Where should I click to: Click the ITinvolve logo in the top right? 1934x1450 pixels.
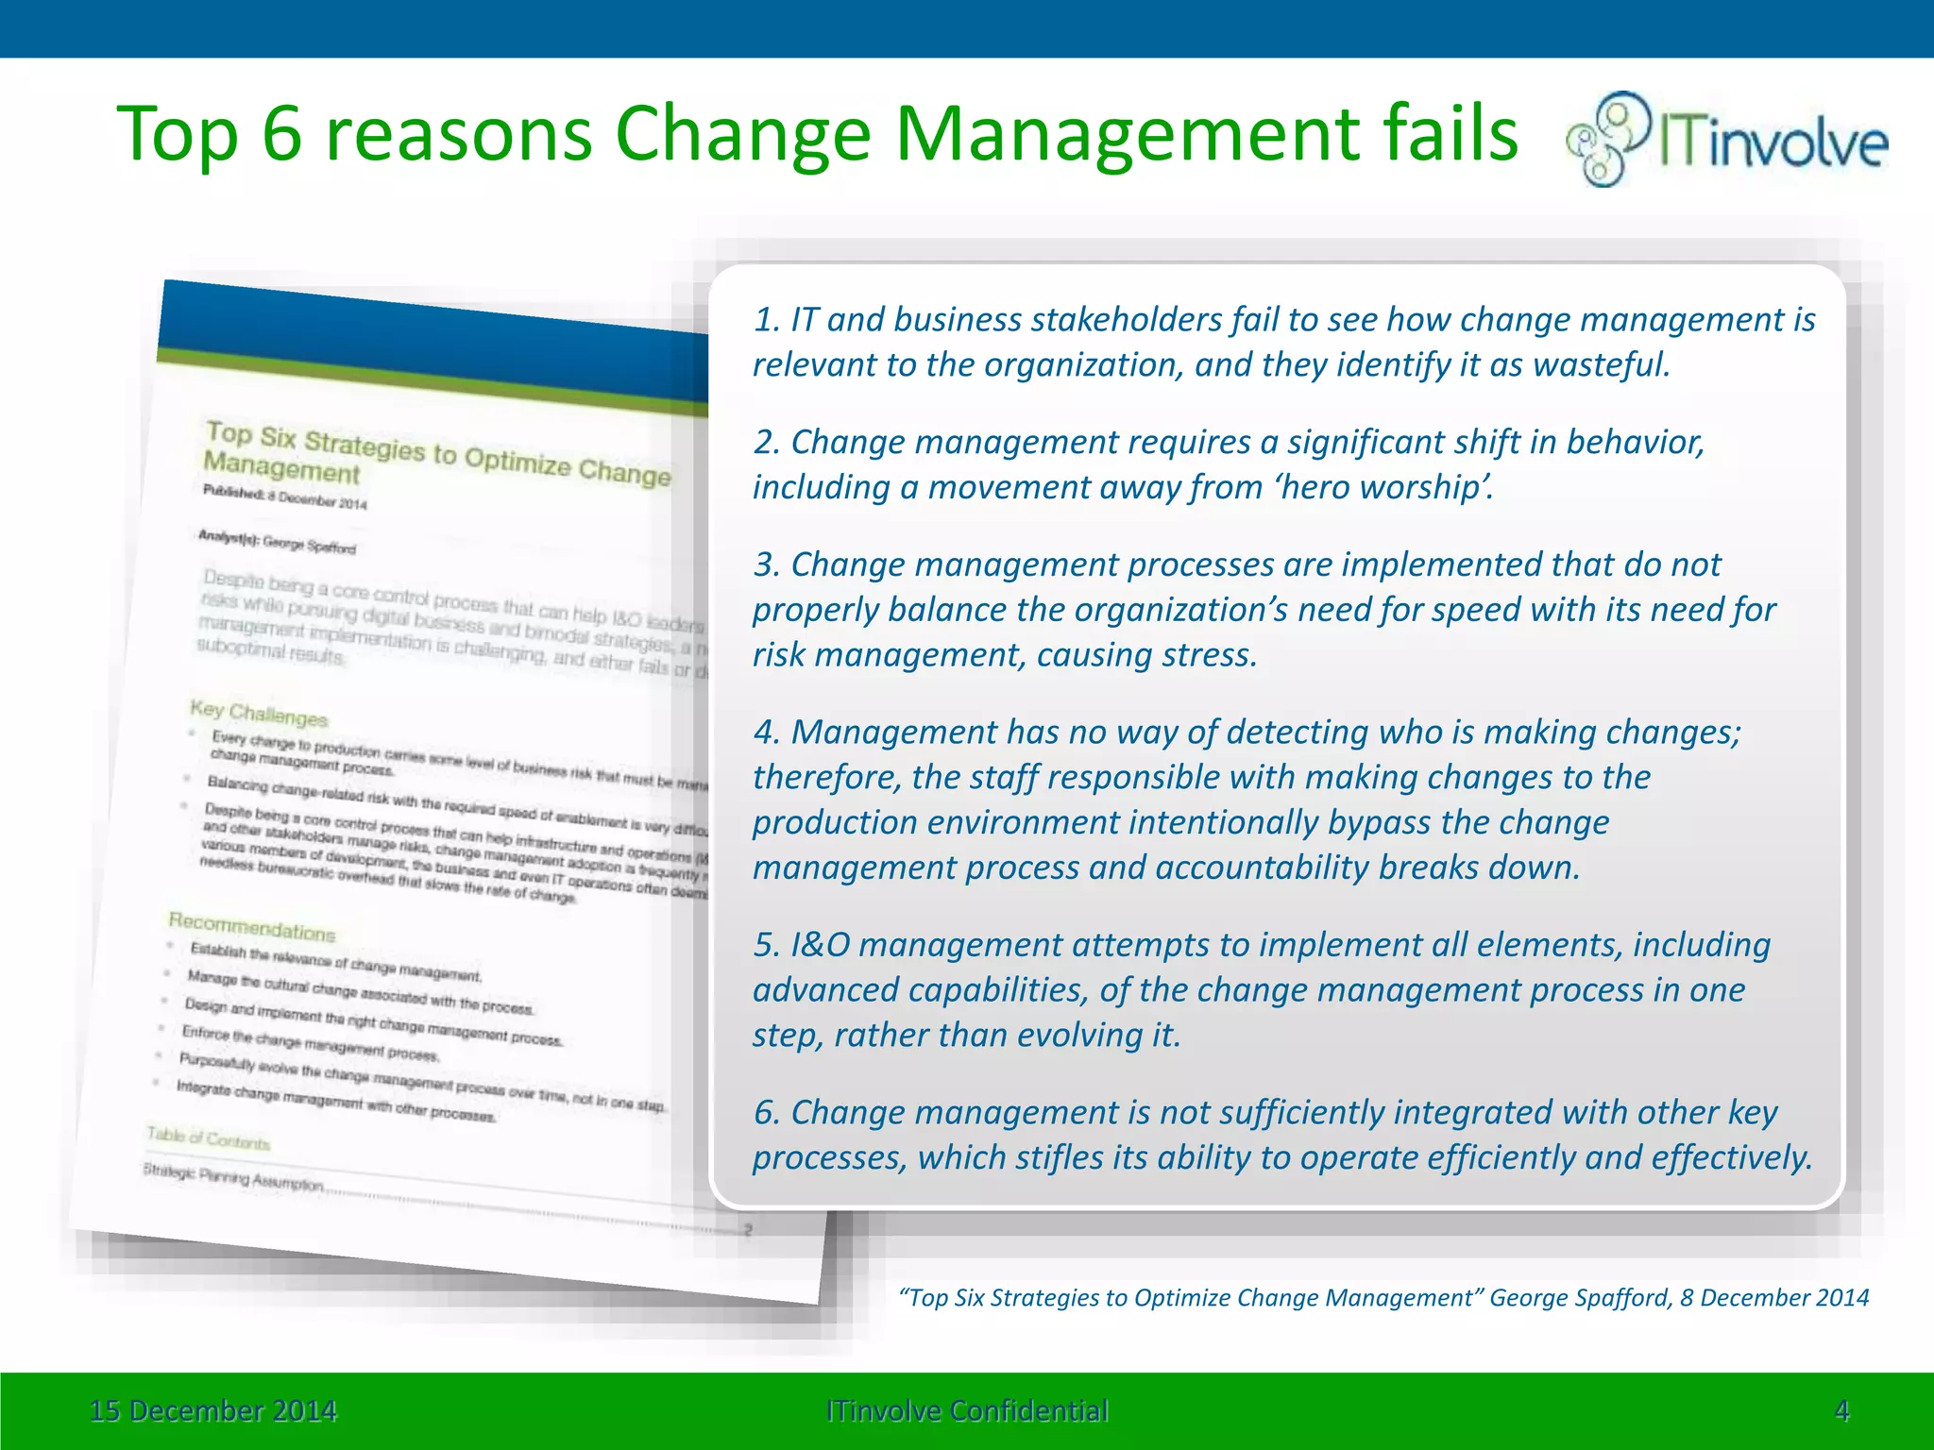(1726, 140)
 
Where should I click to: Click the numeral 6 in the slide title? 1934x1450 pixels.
(281, 134)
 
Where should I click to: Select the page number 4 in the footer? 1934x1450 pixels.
(1841, 1411)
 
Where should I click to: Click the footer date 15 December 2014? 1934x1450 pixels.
(212, 1411)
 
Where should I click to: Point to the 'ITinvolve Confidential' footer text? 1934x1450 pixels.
(967, 1411)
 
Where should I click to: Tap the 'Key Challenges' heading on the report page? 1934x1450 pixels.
(258, 714)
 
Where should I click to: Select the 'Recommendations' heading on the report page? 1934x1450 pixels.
(251, 926)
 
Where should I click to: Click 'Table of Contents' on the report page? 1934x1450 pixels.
(208, 1138)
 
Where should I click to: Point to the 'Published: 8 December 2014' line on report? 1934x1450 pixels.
(284, 497)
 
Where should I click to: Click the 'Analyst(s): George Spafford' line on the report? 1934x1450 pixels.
(277, 541)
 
